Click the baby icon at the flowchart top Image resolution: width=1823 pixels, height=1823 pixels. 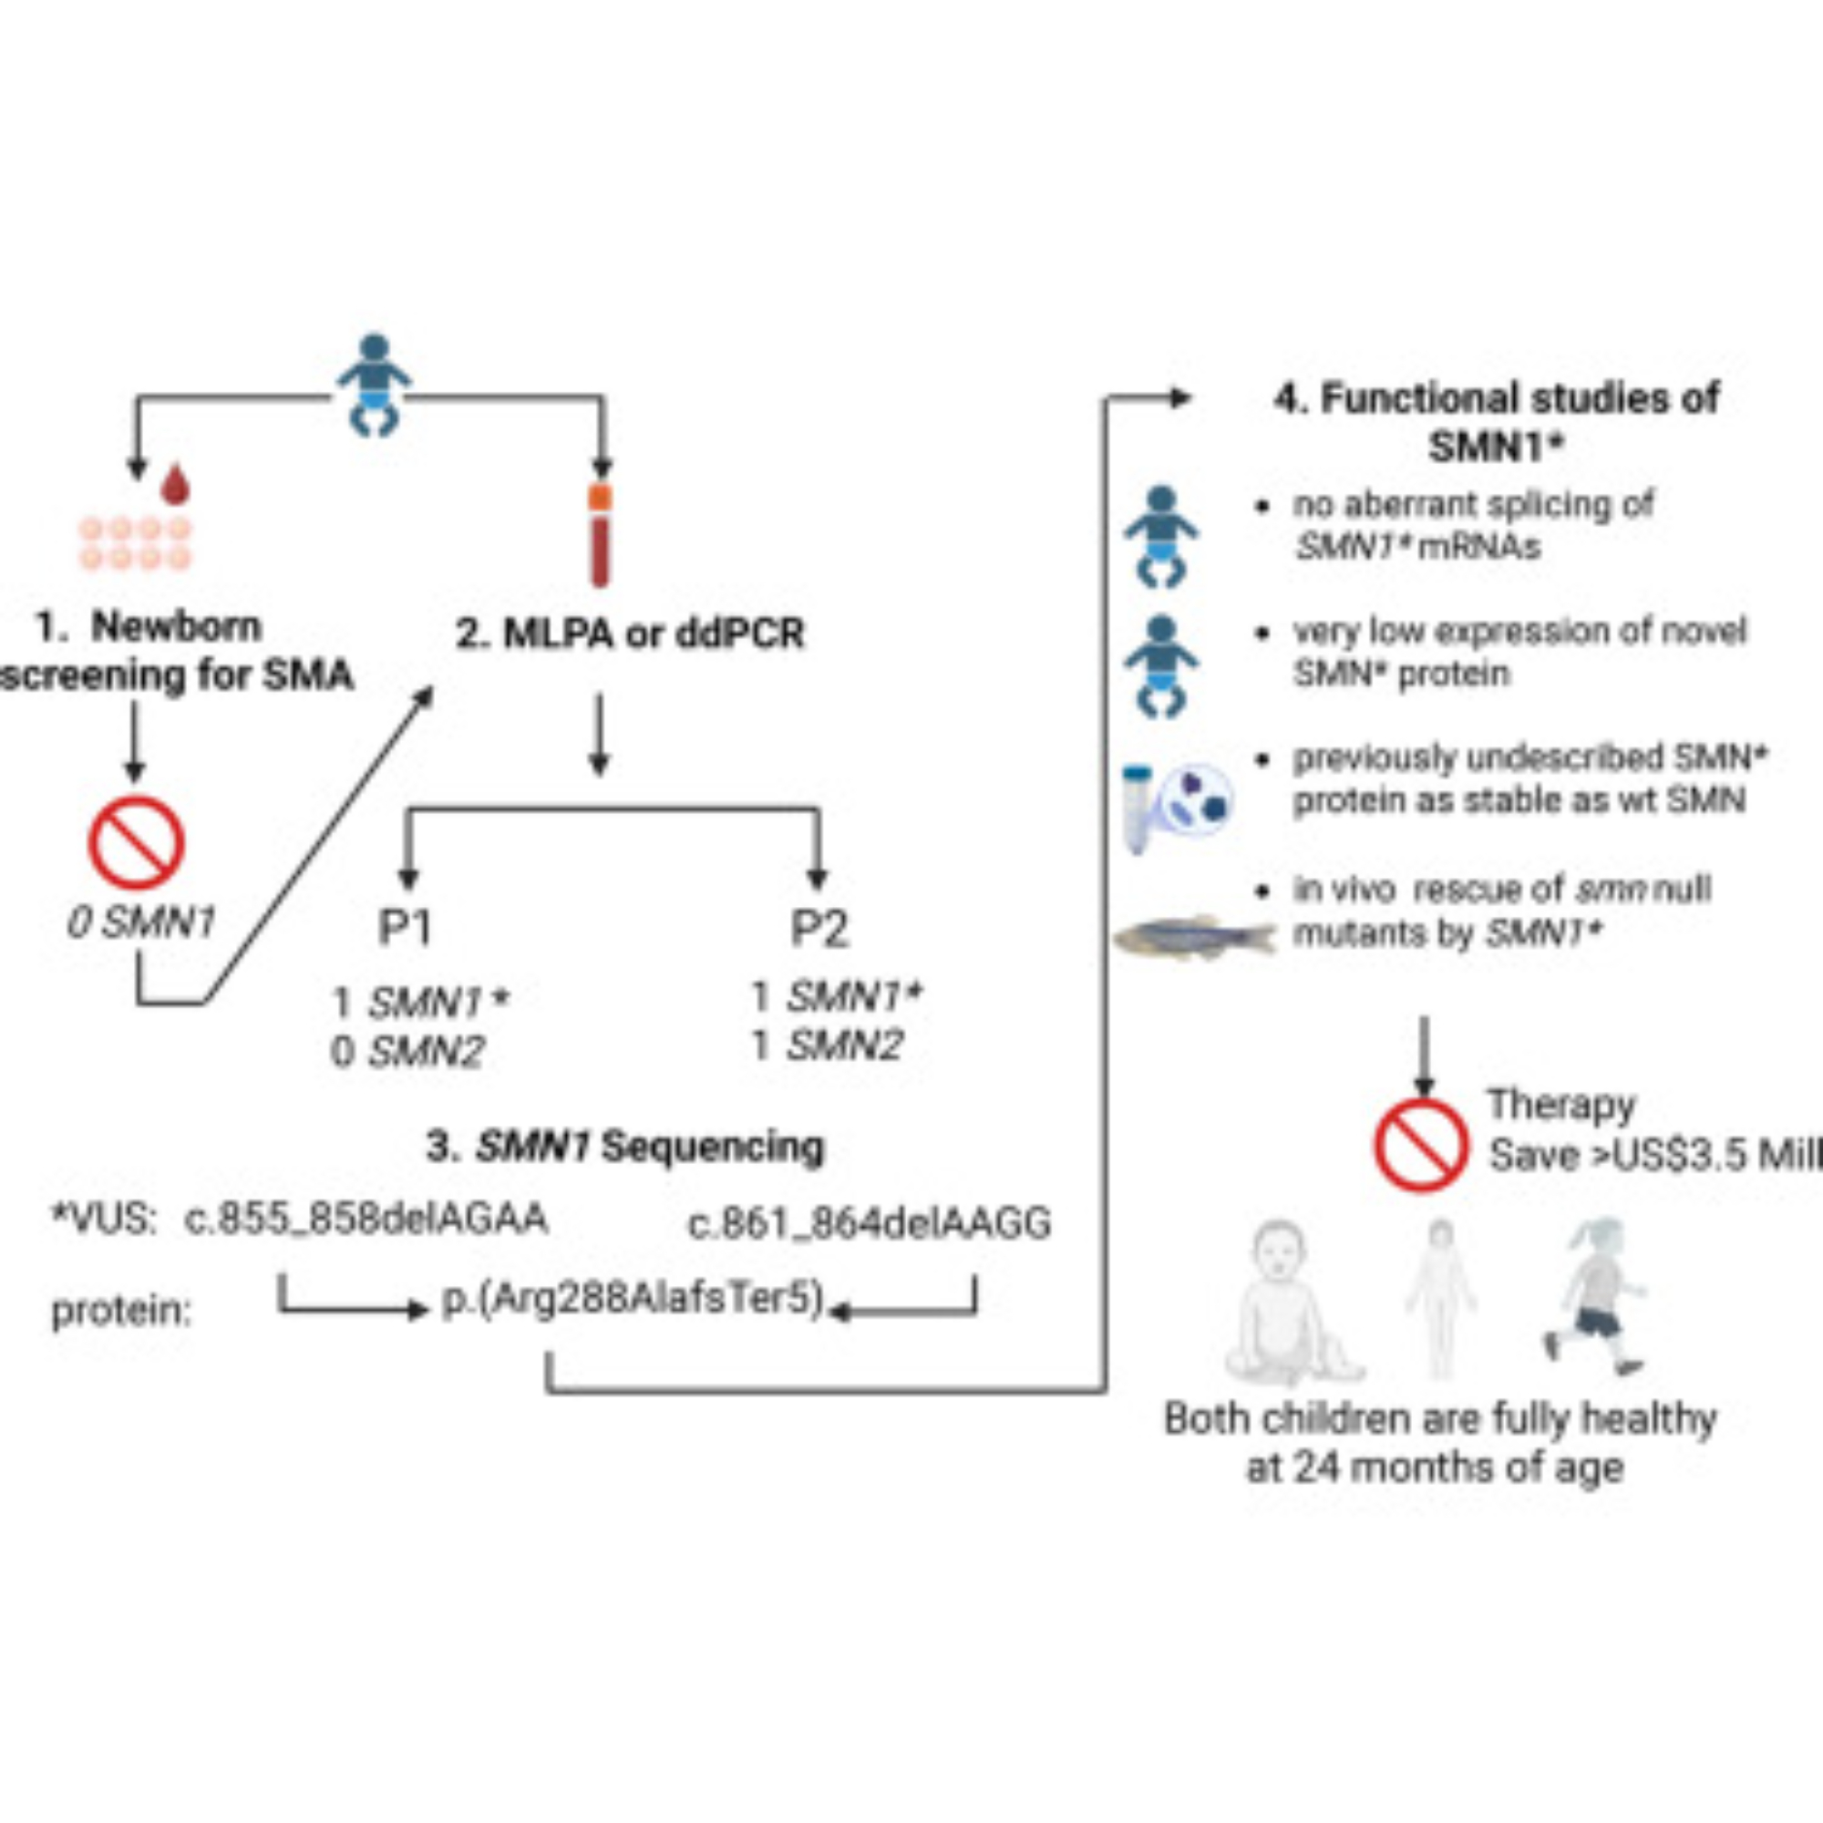pos(375,385)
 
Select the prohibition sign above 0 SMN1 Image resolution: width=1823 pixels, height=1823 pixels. pos(136,842)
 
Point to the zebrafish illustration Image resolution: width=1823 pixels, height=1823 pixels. pos(1195,937)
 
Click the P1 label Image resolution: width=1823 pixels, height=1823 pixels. pos(405,928)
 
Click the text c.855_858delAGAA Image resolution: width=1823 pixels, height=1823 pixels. pos(366,1218)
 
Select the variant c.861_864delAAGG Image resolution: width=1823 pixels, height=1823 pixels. pos(870,1224)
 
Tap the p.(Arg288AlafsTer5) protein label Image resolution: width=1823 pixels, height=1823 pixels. pos(633,1299)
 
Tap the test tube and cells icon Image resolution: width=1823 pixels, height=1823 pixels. pos(1176,805)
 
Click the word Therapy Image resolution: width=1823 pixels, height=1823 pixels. pos(1561,1104)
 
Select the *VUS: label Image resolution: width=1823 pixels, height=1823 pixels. pos(105,1219)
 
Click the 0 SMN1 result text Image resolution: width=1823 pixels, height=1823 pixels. pos(141,922)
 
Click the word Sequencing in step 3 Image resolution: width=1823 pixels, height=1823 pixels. pos(713,1148)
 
